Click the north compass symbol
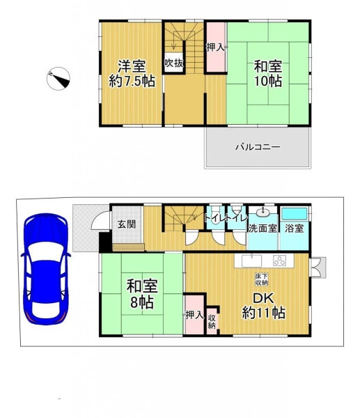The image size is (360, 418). click(58, 78)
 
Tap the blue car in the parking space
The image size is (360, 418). click(45, 269)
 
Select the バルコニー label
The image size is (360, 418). click(258, 147)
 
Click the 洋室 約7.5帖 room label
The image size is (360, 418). click(132, 74)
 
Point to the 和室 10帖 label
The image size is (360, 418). click(268, 74)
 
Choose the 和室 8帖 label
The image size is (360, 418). click(142, 293)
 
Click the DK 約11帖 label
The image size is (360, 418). click(263, 306)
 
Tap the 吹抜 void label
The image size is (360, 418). click(174, 63)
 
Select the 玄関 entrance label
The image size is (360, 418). click(127, 224)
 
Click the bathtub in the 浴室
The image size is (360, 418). click(295, 214)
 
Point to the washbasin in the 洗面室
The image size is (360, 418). click(263, 212)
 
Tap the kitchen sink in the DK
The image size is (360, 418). click(251, 261)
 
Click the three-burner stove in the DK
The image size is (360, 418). click(279, 261)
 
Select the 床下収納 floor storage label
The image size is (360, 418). click(262, 279)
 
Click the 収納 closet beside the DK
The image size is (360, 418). click(212, 321)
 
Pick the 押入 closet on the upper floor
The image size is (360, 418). click(215, 47)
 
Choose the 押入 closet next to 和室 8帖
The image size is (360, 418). click(194, 315)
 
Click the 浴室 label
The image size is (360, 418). click(294, 229)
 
